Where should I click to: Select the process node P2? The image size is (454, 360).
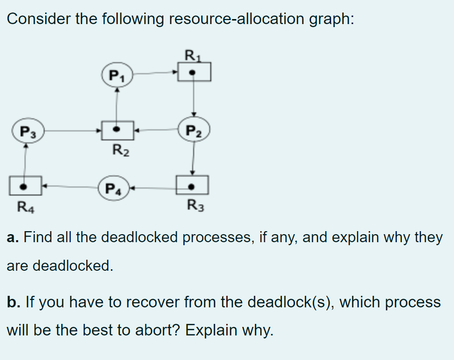pyautogui.click(x=194, y=132)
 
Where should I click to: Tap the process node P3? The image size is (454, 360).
pyautogui.click(x=27, y=131)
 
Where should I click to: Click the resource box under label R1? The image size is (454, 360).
pyautogui.click(x=194, y=72)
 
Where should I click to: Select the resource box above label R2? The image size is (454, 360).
pyautogui.click(x=117, y=130)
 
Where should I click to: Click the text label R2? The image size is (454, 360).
pyautogui.click(x=120, y=149)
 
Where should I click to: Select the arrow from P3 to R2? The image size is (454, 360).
pyautogui.click(x=73, y=131)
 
